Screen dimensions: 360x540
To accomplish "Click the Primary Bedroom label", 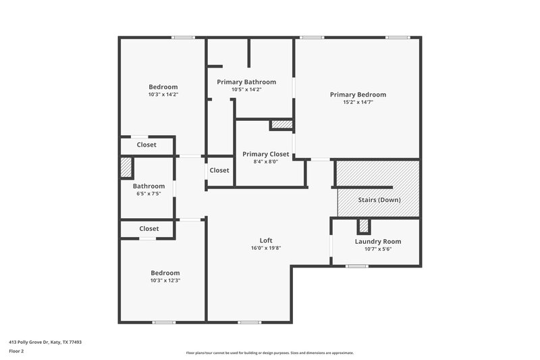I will point(358,95).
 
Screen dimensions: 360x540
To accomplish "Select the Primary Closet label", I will point(266,154).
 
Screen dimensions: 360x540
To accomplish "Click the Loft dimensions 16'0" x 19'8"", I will point(266,248).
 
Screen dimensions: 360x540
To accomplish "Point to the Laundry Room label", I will point(378,241).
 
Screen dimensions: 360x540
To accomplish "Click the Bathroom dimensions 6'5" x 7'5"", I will point(148,194).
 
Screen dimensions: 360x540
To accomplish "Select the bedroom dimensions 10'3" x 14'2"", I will point(163,95).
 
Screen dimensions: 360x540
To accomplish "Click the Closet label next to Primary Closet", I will point(219,170).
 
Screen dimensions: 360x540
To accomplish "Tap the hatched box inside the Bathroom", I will point(126,168).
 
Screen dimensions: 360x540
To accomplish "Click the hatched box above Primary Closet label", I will point(281,124).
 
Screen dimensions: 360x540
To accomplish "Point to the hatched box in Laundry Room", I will point(364,226).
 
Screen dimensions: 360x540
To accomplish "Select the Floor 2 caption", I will point(16,351).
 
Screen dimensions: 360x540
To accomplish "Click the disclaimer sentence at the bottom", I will point(270,353).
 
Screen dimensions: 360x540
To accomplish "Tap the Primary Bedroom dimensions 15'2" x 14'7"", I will point(358,102).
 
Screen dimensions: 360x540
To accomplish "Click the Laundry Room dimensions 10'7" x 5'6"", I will point(378,249).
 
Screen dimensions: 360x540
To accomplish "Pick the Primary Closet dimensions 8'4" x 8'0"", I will point(266,161).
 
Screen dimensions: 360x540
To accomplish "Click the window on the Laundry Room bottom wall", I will point(356,266).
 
